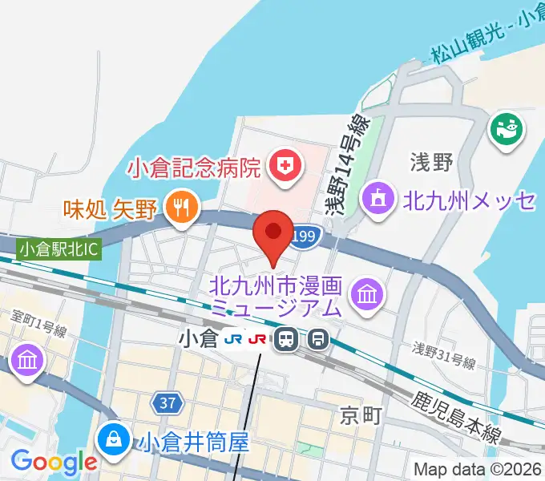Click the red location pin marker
[273, 232]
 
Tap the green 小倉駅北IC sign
[59, 249]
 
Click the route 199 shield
[304, 236]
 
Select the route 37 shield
[167, 403]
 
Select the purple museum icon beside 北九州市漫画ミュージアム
[368, 295]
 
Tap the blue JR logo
[233, 340]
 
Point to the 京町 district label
[358, 415]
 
